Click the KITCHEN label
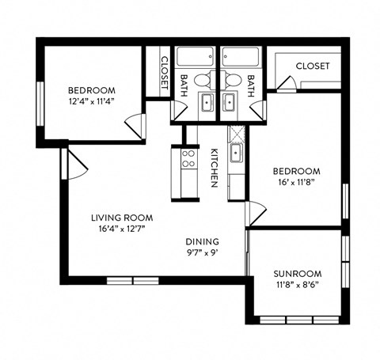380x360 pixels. pos(214,168)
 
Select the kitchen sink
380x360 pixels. pos(236,153)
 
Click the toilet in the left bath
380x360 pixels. pos(203,80)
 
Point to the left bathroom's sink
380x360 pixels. pos(206,101)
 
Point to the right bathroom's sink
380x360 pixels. pos(230,101)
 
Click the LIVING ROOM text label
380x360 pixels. pos(121,218)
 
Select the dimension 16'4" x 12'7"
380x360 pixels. pos(121,229)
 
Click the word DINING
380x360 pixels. pos(202,242)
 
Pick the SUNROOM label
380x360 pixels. pos(296,274)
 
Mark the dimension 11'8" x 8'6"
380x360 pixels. pos(296,286)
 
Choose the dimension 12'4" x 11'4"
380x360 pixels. pos(91,101)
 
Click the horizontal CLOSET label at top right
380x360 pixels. pos(312,66)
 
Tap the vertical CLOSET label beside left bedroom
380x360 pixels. pos(164,72)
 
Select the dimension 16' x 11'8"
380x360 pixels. pos(296,183)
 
